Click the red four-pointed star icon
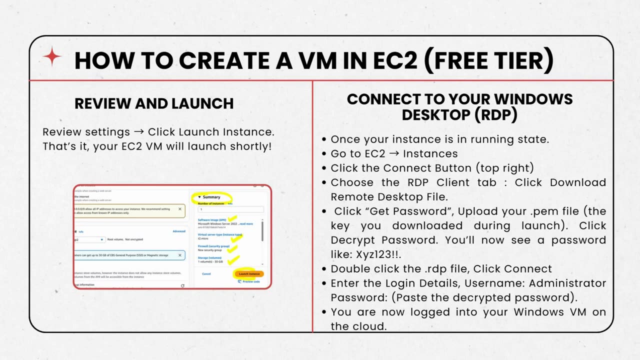52,58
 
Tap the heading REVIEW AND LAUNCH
154,103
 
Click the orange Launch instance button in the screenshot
249,274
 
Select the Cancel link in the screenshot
206,274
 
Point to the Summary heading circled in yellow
211,197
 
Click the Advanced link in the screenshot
179,231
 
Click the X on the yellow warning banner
180,209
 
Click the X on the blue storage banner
180,255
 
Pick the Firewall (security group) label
213,246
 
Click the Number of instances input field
230,209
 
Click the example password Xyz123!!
378,254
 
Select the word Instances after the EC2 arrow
430,153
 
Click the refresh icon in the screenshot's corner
182,285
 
